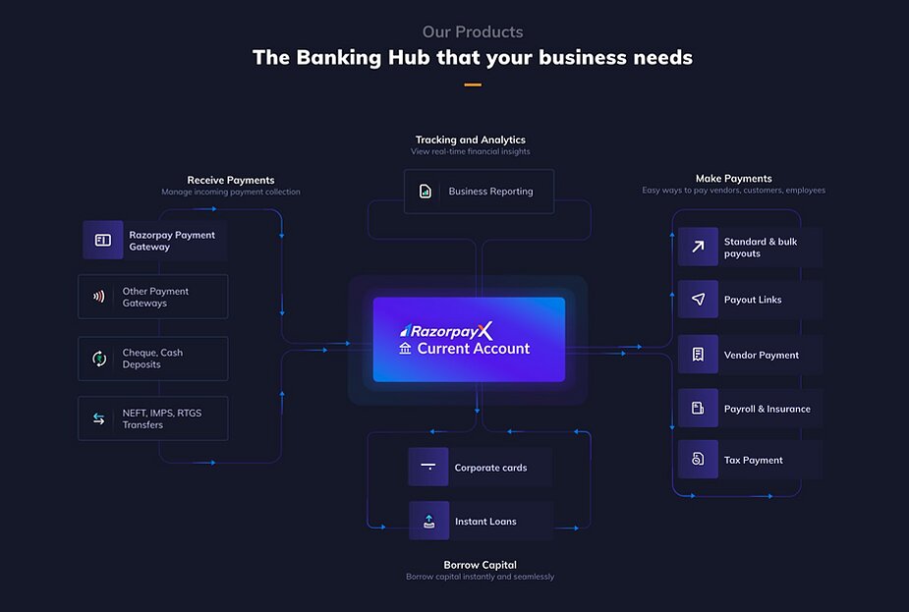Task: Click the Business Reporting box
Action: (479, 192)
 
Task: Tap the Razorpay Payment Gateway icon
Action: (103, 240)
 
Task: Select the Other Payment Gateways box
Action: (153, 297)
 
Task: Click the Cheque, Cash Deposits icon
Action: (99, 359)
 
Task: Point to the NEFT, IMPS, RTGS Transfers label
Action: (162, 418)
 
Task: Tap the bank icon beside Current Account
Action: (405, 349)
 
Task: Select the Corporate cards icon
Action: (427, 467)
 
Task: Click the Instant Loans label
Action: (485, 522)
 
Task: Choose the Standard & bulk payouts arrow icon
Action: (698, 248)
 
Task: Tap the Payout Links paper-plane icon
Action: (698, 300)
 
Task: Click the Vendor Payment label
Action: (762, 355)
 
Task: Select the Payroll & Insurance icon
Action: (698, 408)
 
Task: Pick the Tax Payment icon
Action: (698, 460)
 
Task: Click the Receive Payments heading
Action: (231, 180)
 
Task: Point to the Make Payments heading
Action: (734, 179)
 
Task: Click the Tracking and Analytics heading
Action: (471, 139)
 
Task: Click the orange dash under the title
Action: (473, 84)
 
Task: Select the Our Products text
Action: (473, 32)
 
